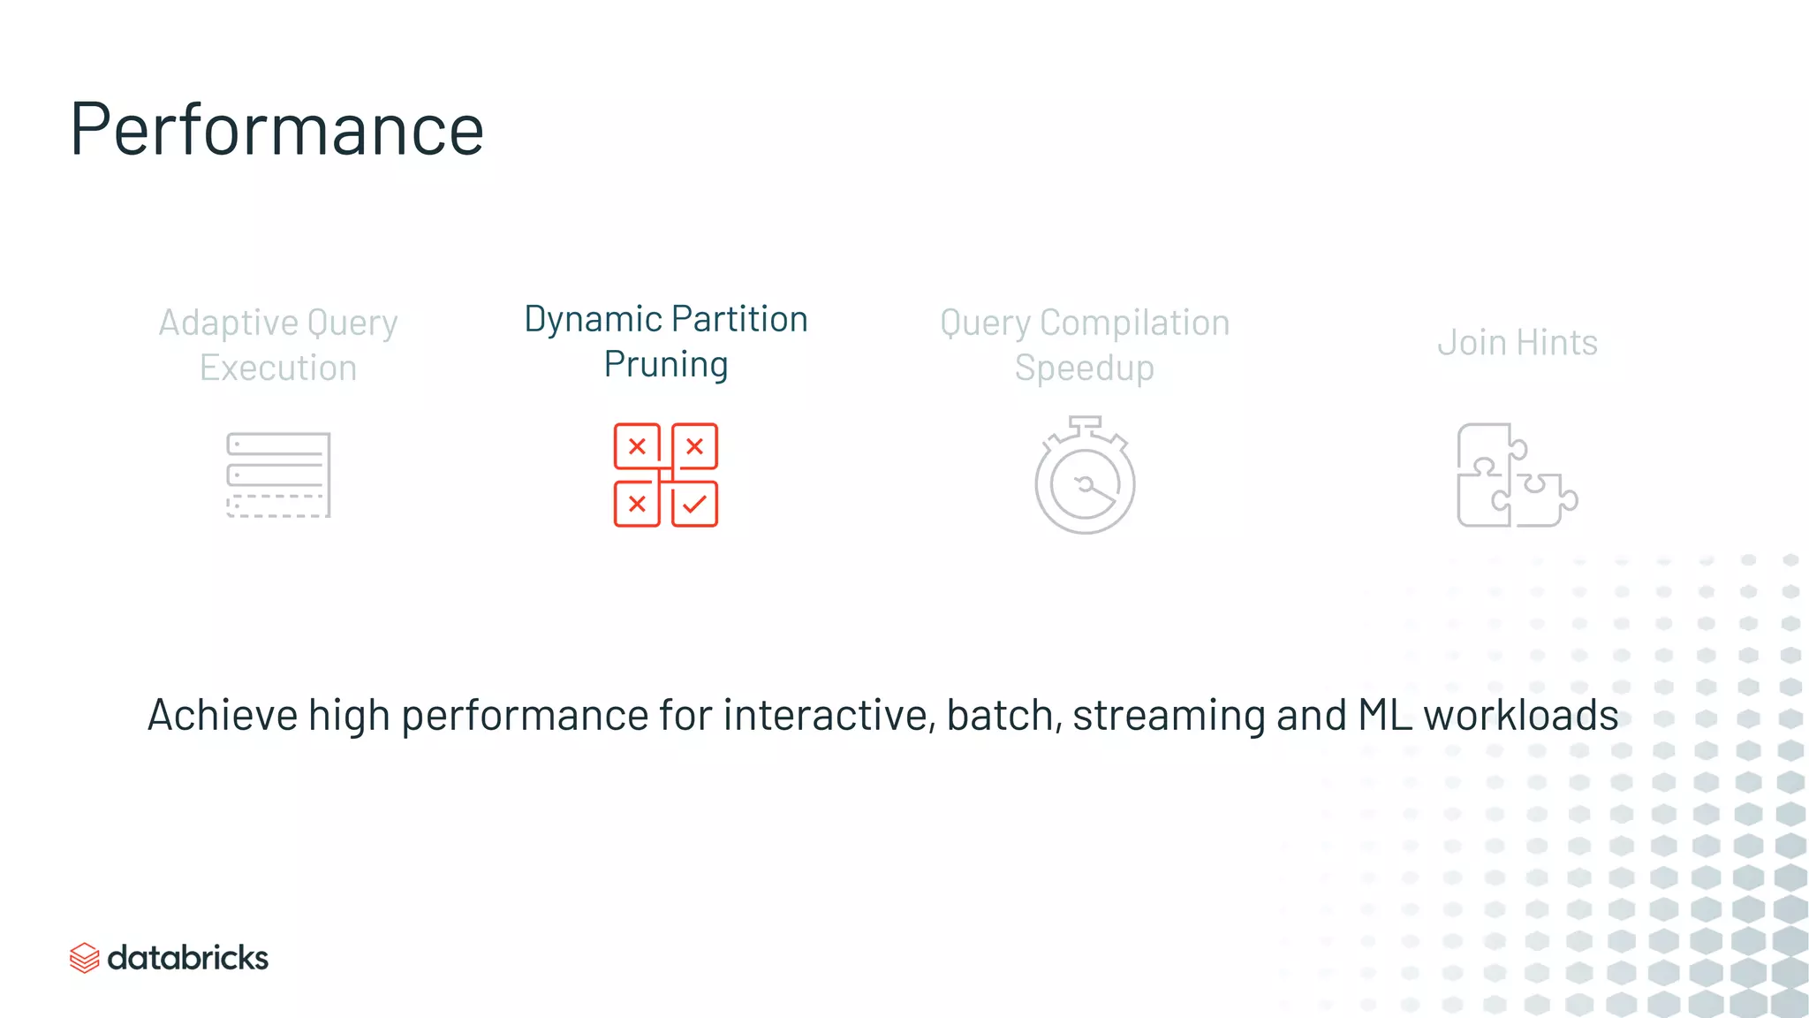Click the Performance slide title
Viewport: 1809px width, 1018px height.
pyautogui.click(x=276, y=129)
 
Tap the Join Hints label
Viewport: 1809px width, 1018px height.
pyautogui.click(x=1517, y=343)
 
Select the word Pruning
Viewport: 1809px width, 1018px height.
pyautogui.click(x=666, y=365)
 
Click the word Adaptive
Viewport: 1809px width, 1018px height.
pyautogui.click(x=228, y=323)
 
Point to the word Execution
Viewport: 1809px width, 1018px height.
pyautogui.click(x=278, y=368)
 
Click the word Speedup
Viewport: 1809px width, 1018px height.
pyautogui.click(x=1084, y=368)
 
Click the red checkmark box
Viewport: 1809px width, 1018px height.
pyautogui.click(x=694, y=505)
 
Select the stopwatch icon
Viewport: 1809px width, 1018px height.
pyautogui.click(x=1085, y=476)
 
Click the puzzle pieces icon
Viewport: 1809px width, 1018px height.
pyautogui.click(x=1516, y=476)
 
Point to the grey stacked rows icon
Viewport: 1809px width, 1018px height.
pyautogui.click(x=278, y=475)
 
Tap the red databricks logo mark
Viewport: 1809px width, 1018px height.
pyautogui.click(x=85, y=958)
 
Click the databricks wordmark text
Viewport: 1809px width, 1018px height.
pyautogui.click(x=187, y=958)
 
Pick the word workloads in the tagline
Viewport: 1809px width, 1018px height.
pyautogui.click(x=1520, y=715)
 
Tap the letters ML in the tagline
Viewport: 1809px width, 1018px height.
pyautogui.click(x=1384, y=715)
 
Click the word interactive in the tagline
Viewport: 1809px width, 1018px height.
pyautogui.click(x=828, y=715)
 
